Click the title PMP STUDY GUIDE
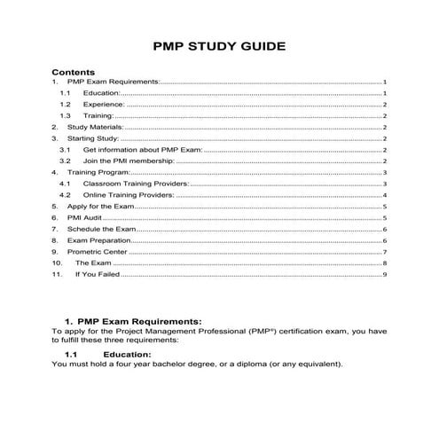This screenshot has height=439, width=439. pyautogui.click(x=219, y=46)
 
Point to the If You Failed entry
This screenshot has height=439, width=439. pyautogui.click(x=96, y=275)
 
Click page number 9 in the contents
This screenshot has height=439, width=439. pyautogui.click(x=385, y=275)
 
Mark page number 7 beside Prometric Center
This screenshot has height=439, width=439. pyautogui.click(x=385, y=252)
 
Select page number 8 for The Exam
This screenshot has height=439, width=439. pyautogui.click(x=385, y=263)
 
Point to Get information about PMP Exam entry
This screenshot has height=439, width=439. pyautogui.click(x=142, y=150)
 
